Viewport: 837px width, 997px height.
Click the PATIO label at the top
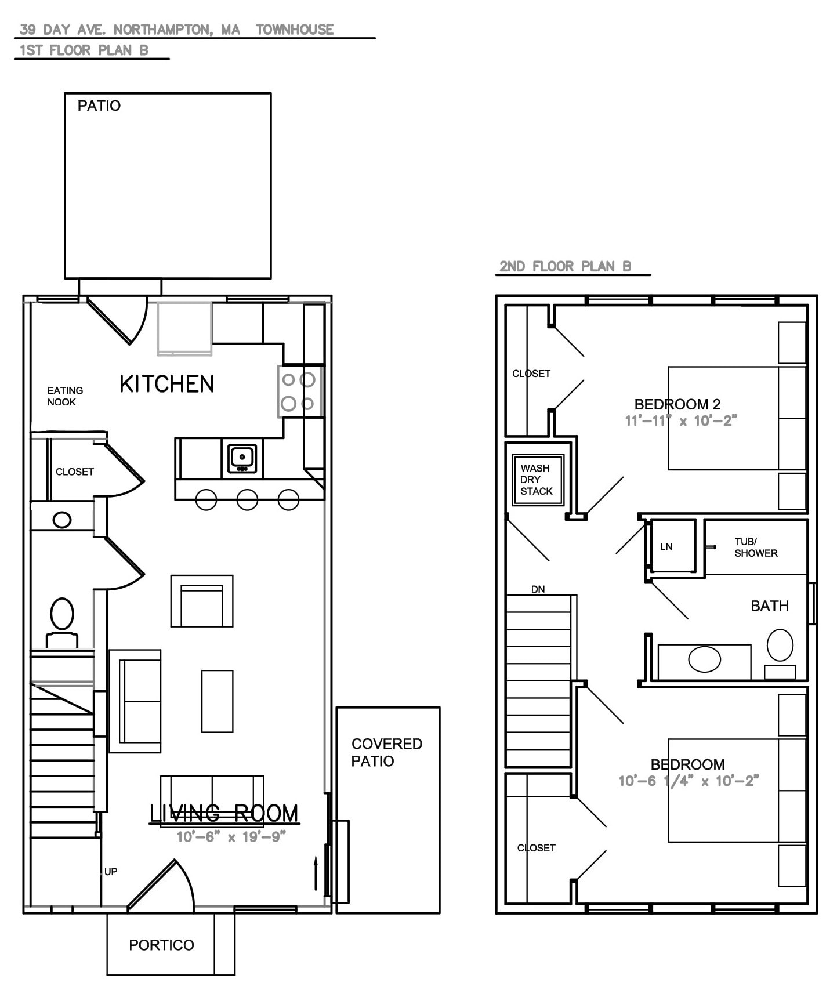pyautogui.click(x=99, y=106)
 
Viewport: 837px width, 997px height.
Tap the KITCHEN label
pyautogui.click(x=167, y=384)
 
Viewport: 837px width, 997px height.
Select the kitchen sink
pyautogui.click(x=242, y=458)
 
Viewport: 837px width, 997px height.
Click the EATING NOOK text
pyautogui.click(x=65, y=396)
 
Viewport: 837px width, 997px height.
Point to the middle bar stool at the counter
pyautogui.click(x=247, y=499)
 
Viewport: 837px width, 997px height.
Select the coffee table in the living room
pyautogui.click(x=218, y=701)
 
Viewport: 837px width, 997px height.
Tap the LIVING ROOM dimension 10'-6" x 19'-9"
pyautogui.click(x=231, y=837)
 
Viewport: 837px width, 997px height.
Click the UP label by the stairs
pyautogui.click(x=111, y=871)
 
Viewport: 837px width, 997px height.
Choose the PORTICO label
pyautogui.click(x=161, y=945)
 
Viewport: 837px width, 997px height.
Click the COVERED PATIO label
pyautogui.click(x=387, y=752)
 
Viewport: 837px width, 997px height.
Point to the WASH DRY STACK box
pyautogui.click(x=538, y=480)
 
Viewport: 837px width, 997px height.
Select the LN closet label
pyautogui.click(x=666, y=546)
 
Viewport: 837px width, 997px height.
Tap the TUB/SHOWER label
pyautogui.click(x=756, y=548)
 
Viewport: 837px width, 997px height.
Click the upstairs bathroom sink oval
pyautogui.click(x=705, y=659)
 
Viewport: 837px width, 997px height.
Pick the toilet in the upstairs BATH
pyautogui.click(x=780, y=653)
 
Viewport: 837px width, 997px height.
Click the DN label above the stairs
pyautogui.click(x=538, y=589)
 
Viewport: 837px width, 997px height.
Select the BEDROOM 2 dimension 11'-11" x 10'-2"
pyautogui.click(x=681, y=420)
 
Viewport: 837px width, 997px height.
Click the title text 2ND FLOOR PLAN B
pyautogui.click(x=566, y=266)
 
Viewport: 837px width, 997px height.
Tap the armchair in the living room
pyautogui.click(x=202, y=601)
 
